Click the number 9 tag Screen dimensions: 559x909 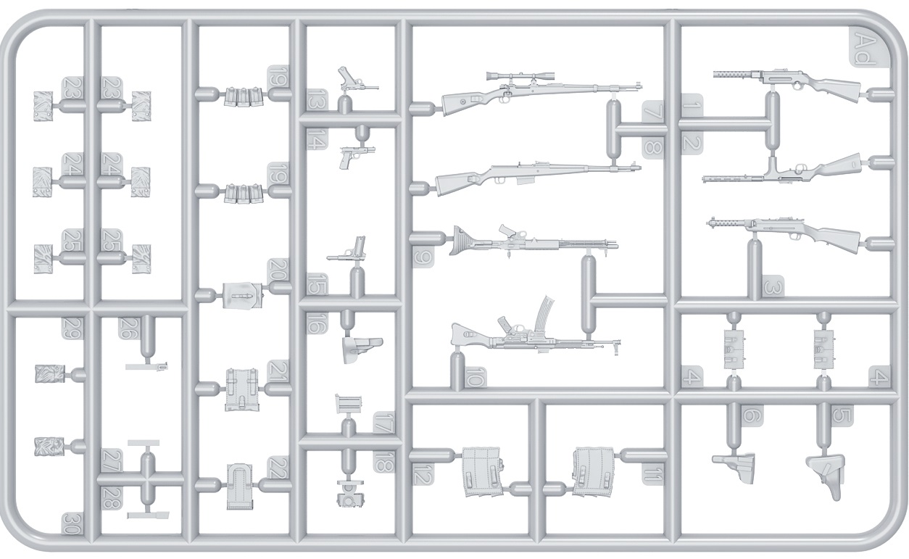(424, 257)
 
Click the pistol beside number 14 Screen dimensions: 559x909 (354, 155)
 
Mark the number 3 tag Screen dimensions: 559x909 (773, 288)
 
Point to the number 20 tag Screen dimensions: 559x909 (278, 271)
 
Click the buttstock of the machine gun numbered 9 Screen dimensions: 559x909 (464, 241)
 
